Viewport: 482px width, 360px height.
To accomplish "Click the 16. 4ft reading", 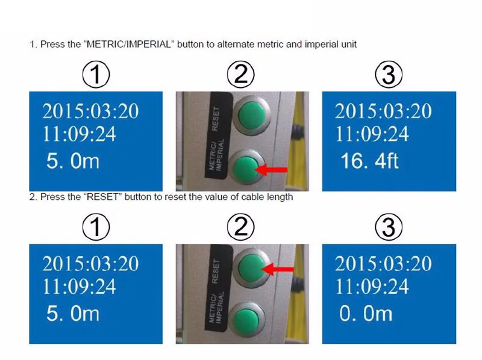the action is (369, 161).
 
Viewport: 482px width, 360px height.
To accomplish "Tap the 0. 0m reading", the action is (366, 313).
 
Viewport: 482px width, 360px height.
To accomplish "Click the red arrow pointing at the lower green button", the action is (272, 170).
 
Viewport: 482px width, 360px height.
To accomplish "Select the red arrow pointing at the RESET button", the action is (278, 269).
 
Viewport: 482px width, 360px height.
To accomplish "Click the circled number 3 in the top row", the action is (389, 74).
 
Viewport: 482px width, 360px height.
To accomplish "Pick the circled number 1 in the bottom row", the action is (96, 227).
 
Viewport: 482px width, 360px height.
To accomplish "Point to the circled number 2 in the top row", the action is (240, 74).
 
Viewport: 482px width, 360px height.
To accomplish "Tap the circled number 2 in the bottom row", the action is (240, 227).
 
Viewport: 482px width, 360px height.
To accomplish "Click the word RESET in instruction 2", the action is (102, 197).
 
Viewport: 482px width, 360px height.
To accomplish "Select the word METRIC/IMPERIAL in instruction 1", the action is (129, 44).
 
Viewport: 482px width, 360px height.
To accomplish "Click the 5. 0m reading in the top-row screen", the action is (73, 161).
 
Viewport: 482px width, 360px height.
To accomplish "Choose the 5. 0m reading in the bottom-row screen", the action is (73, 313).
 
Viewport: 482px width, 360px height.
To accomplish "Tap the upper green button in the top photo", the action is (251, 115).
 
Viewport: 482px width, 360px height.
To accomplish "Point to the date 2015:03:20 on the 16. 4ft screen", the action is (383, 111).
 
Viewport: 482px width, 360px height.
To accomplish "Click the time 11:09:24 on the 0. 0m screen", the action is (372, 287).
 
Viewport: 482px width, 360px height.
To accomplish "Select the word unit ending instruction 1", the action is (349, 44).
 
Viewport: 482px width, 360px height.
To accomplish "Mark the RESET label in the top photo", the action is (216, 118).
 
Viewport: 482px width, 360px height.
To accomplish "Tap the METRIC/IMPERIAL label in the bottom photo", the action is (216, 308).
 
